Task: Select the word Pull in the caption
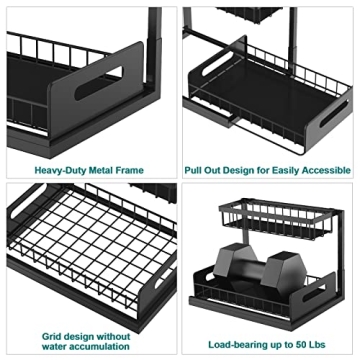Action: [193, 170]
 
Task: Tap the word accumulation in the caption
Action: [103, 346]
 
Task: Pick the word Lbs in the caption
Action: [316, 344]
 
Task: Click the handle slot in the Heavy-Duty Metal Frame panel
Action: [98, 83]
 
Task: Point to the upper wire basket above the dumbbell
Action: [277, 219]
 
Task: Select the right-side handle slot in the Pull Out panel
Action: [334, 113]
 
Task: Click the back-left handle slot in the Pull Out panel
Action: [218, 63]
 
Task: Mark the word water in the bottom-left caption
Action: [57, 346]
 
